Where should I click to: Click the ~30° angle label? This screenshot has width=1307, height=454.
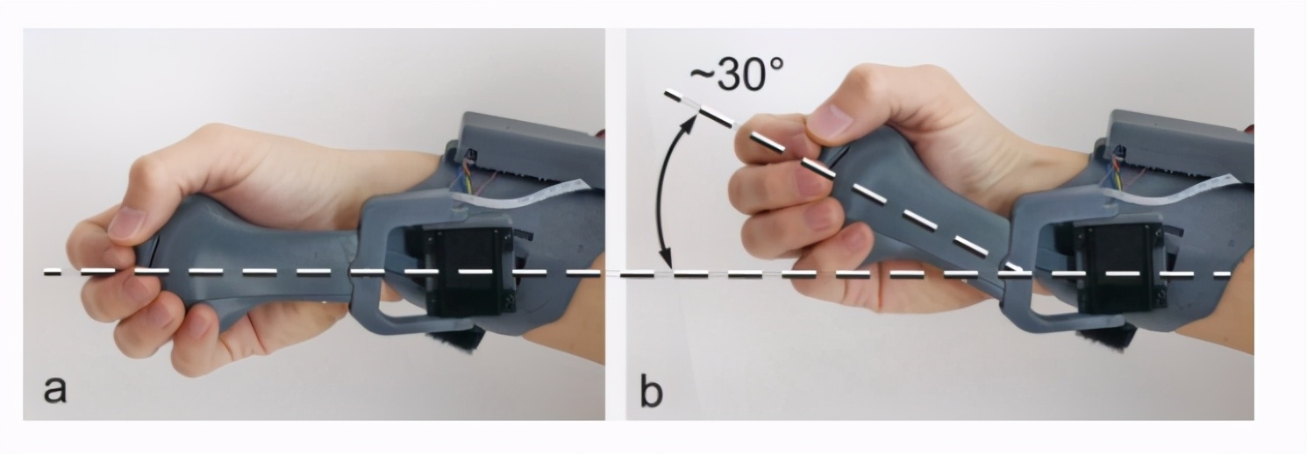pyautogui.click(x=736, y=74)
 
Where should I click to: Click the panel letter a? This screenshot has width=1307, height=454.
pyautogui.click(x=55, y=389)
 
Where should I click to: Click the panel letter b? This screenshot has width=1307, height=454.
pyautogui.click(x=652, y=387)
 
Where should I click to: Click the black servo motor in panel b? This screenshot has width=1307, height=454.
pyautogui.click(x=1114, y=268)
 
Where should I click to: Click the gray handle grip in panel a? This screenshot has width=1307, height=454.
pyautogui.click(x=245, y=262)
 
